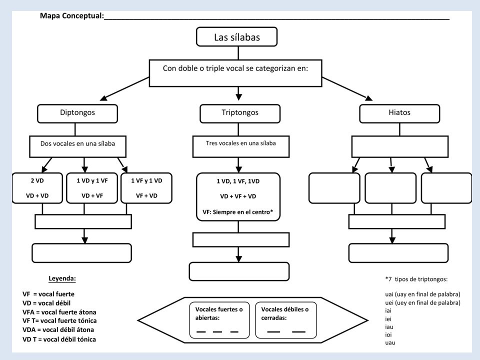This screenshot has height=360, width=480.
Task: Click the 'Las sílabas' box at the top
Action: [236, 36]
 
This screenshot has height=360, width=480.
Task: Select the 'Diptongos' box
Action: [77, 113]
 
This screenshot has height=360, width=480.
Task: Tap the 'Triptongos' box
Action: [240, 113]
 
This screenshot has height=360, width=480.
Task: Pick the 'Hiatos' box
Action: [399, 113]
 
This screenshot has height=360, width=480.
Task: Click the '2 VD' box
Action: [37, 188]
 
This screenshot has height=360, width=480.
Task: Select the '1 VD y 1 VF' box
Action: [92, 188]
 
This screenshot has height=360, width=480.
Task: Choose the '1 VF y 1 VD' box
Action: [146, 188]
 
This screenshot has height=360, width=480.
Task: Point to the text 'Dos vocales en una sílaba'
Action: [78, 143]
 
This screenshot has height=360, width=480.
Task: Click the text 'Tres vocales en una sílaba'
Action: [241, 143]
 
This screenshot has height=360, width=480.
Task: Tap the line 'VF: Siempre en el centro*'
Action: [238, 212]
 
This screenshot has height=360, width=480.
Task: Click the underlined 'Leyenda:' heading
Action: [62, 278]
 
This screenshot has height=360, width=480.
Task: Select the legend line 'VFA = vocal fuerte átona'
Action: [59, 312]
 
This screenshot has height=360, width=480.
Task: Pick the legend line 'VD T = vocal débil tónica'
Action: [59, 339]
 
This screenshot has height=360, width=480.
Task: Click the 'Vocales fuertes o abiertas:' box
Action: [219, 320]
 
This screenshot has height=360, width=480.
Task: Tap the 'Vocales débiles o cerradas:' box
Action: [286, 320]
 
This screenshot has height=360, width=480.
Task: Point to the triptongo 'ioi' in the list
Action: [388, 334]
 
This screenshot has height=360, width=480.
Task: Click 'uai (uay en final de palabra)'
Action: [423, 294]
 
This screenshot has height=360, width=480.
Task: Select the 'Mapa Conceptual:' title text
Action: [72, 15]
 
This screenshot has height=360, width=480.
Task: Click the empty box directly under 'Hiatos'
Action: [400, 147]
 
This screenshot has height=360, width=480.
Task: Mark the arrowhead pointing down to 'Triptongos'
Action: [239, 97]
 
